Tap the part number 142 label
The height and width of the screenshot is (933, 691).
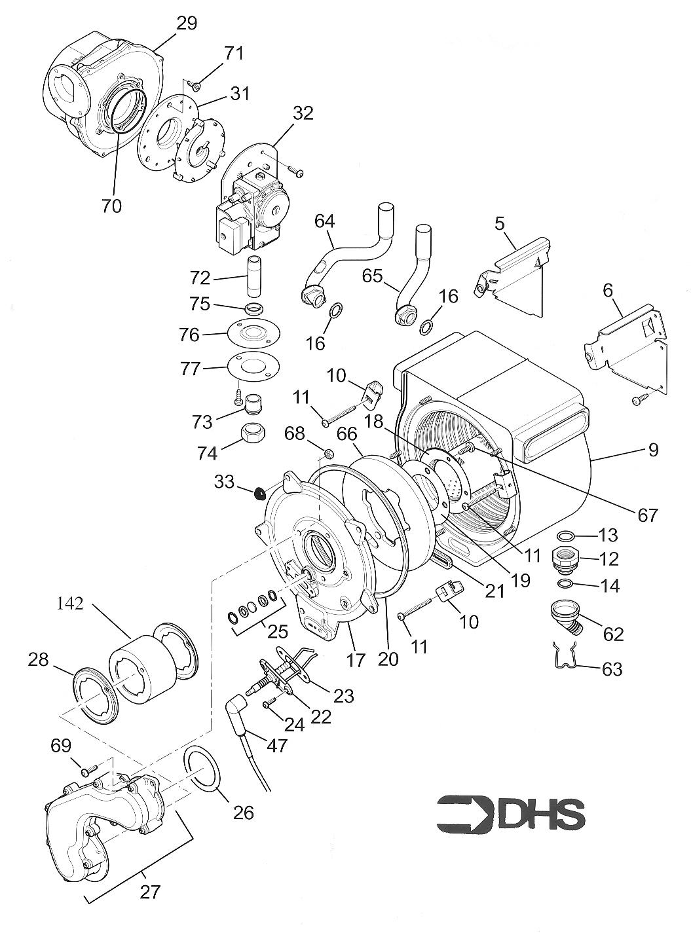coord(70,604)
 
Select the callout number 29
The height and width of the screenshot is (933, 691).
coord(186,24)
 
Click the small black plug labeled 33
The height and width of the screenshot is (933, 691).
coord(261,492)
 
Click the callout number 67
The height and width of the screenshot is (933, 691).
coord(647,515)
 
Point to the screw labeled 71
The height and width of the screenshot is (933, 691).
coord(195,84)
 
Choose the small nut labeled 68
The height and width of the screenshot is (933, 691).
coord(329,453)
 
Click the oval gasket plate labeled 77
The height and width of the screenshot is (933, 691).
coord(253,364)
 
